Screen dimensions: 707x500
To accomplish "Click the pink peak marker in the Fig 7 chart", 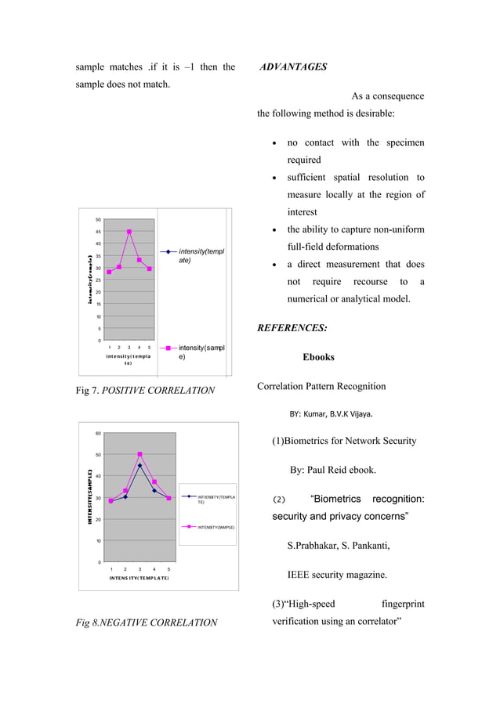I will pos(129,232).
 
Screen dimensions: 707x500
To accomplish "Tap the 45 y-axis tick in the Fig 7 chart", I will pos(98,232).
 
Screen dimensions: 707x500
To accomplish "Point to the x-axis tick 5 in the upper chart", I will pos(149,347).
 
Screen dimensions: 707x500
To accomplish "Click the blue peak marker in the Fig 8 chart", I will pos(139,466).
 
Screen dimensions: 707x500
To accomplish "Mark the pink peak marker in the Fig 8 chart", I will pos(139,454).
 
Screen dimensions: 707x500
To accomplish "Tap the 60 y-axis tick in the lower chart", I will pos(98,433).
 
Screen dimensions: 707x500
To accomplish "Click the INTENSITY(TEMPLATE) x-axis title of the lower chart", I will pos(139,578).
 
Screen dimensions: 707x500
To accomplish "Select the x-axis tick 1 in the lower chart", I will pos(111,569).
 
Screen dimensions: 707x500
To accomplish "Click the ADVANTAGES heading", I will pos(293,67).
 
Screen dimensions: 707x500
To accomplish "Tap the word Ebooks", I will pos(319,357).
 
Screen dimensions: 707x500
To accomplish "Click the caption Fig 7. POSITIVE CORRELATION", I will pos(145,390).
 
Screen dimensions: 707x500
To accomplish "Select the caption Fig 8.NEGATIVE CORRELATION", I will pos(147,622).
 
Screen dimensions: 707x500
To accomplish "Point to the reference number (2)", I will pos(280,500).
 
